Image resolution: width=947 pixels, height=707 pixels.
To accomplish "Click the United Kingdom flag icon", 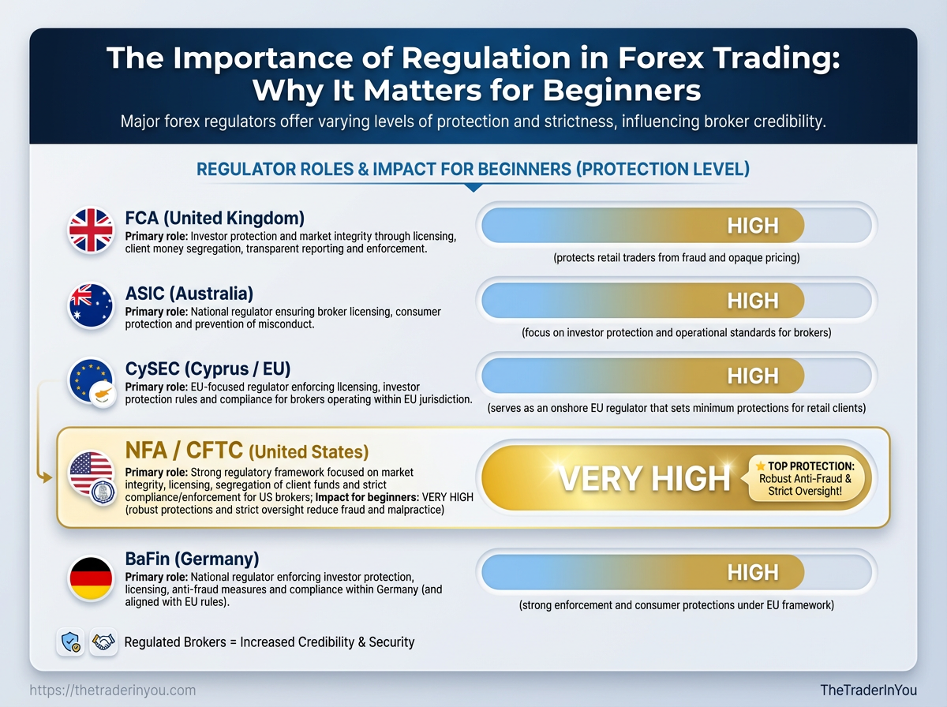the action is point(91,230).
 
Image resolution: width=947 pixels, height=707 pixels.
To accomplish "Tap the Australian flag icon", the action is point(91,305).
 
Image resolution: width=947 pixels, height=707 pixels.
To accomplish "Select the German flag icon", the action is point(91,578).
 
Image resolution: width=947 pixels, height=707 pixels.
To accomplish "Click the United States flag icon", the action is point(91,473).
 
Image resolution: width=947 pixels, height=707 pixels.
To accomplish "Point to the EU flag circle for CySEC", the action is point(90,380).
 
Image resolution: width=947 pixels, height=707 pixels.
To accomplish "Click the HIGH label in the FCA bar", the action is point(753,226).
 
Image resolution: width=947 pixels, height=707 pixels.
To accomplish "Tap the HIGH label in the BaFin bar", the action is point(753,572).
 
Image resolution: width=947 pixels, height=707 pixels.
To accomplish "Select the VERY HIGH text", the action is point(644,478).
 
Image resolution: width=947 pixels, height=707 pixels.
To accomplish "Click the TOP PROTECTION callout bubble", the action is point(805,478).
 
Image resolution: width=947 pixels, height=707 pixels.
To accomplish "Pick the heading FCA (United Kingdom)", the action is point(215,219).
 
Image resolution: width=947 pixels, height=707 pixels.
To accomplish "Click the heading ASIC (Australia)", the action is point(189,294).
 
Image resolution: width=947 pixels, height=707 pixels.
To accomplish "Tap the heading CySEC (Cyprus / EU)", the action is point(208,368).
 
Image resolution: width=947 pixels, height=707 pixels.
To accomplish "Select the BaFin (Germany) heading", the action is point(192,559).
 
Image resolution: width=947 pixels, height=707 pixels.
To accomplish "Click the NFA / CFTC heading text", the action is point(184,451).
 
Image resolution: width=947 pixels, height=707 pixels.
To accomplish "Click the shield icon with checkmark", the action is point(70,642).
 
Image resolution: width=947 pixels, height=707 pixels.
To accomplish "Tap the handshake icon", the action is point(103,642).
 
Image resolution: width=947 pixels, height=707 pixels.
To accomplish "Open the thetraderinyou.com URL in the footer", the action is point(113,690).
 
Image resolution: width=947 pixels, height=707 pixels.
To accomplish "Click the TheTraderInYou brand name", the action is point(869,690).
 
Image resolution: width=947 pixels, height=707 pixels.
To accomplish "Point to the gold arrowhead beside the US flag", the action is point(47,477).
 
